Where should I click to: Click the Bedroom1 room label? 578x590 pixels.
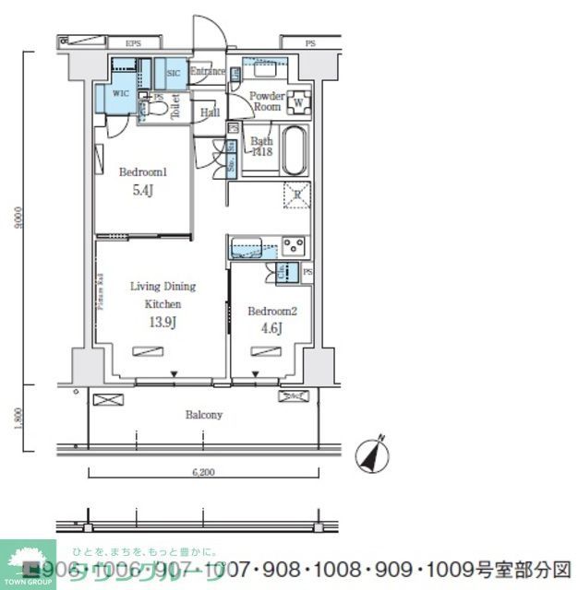point(141,171)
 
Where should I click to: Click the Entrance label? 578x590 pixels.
point(208,72)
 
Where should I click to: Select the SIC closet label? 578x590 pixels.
point(174,74)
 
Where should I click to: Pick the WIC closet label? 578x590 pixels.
point(121,93)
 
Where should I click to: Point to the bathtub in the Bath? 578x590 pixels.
point(293,151)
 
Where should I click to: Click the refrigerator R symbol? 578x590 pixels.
point(295,195)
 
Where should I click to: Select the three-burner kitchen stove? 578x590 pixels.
point(293,246)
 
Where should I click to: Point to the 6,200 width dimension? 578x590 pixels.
point(203,472)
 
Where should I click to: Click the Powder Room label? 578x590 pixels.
point(267,100)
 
